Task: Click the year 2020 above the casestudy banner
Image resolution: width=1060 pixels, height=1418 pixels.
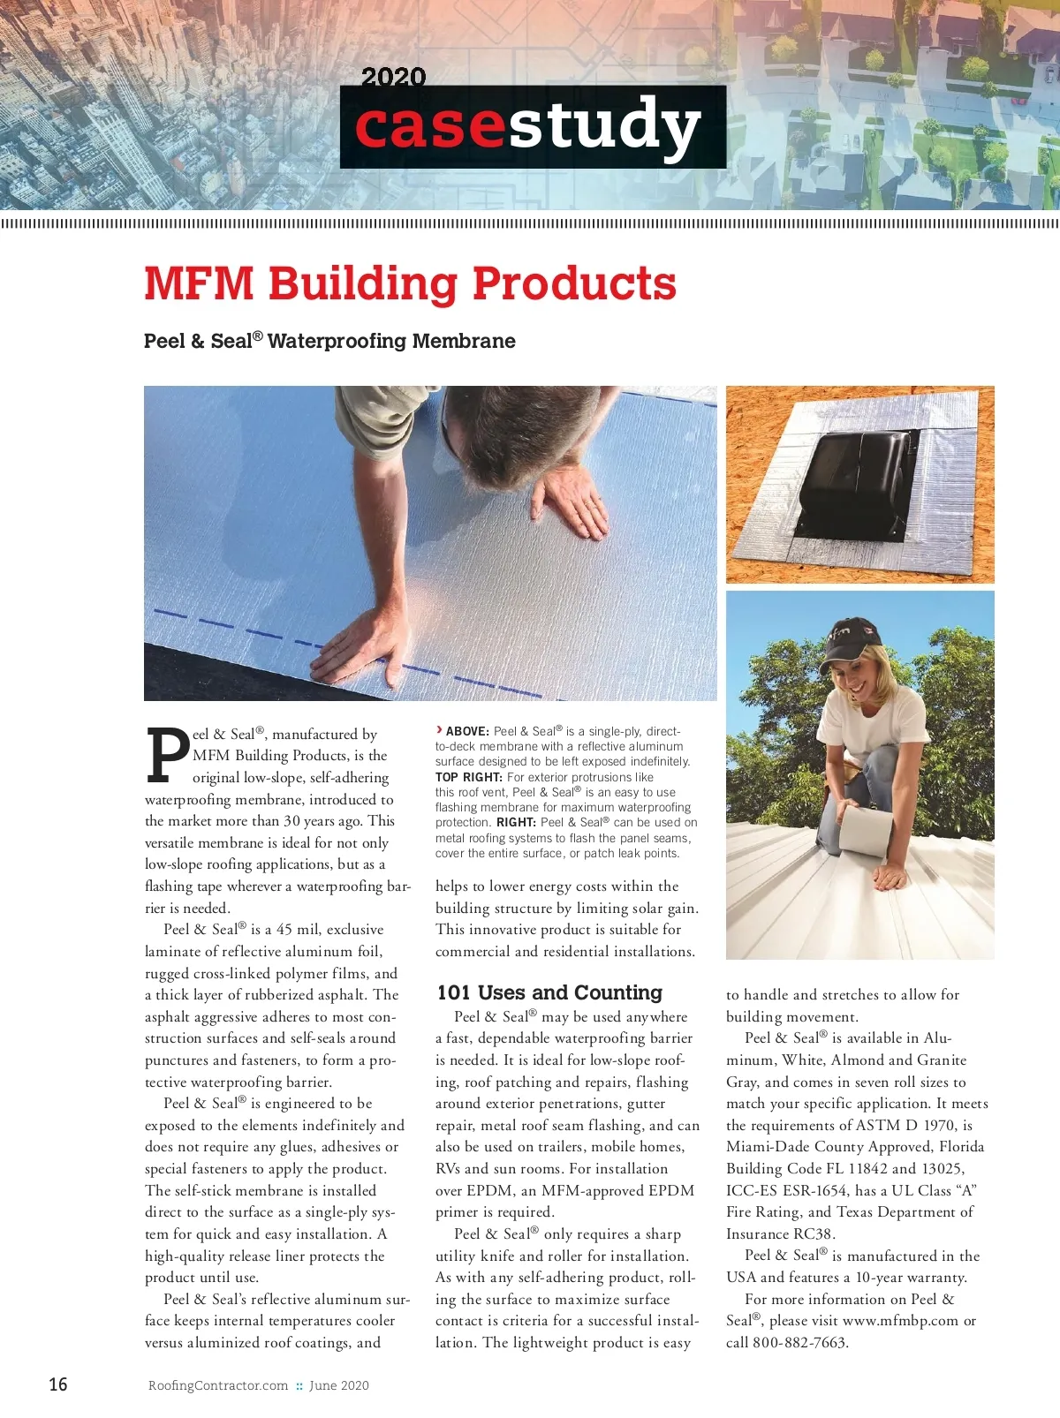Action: coord(393,77)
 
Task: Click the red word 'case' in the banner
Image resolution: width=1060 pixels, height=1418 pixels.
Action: coord(430,126)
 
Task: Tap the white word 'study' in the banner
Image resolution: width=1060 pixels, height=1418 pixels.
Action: coord(604,126)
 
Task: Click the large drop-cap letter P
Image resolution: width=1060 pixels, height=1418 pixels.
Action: coord(167,756)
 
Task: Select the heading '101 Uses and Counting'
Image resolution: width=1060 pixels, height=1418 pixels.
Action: coord(549,992)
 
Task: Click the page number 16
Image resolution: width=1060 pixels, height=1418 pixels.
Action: coord(58,1384)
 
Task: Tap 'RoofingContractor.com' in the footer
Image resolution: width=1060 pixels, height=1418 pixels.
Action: coord(218,1385)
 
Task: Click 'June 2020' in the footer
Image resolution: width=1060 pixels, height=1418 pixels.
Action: coord(339,1385)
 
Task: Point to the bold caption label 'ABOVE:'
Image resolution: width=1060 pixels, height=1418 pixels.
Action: coord(467,731)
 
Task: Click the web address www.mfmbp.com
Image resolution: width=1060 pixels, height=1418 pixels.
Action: coord(900,1321)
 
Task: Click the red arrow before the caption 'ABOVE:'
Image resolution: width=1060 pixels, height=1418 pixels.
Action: coord(439,729)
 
